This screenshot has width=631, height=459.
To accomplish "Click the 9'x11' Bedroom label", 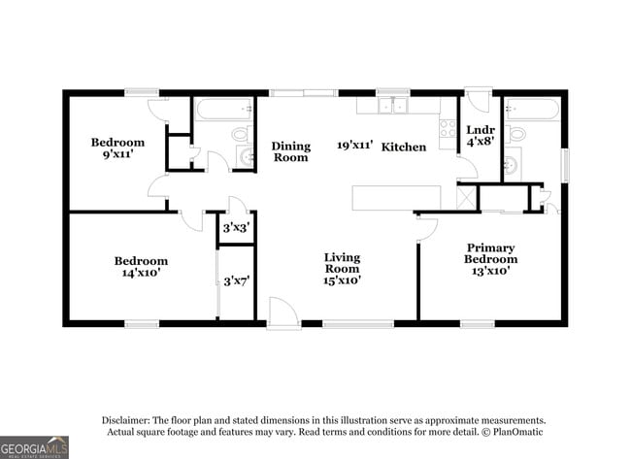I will (117, 148).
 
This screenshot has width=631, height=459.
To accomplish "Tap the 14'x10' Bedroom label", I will (141, 267).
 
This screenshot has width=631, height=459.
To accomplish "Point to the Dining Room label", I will (291, 151).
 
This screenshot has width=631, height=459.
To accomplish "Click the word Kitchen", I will (403, 147).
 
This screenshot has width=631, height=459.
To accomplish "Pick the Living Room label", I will (342, 269).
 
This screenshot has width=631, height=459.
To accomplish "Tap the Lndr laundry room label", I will (481, 136).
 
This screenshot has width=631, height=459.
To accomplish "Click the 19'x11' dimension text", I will (354, 146).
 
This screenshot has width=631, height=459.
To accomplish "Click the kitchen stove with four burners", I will (448, 128).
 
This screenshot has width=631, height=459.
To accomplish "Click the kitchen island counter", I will (395, 197).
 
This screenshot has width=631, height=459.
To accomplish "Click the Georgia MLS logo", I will (35, 446).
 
